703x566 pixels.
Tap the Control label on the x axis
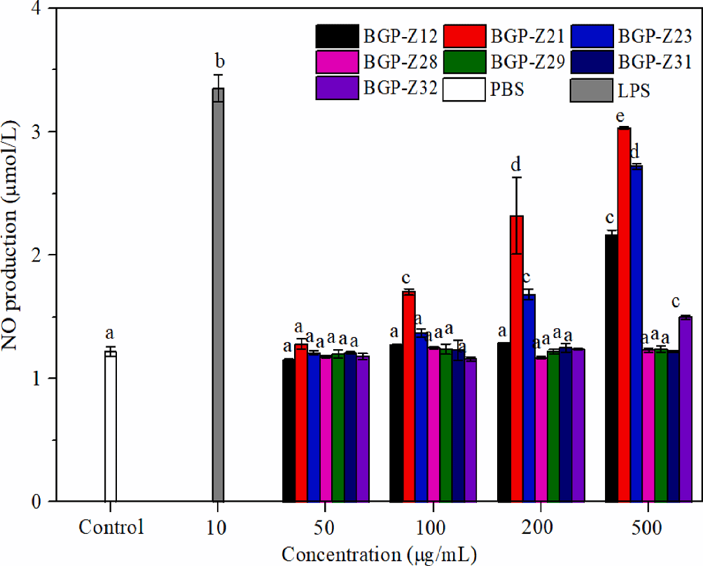pyautogui.click(x=111, y=528)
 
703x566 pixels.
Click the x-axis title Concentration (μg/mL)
pyautogui.click(x=380, y=555)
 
